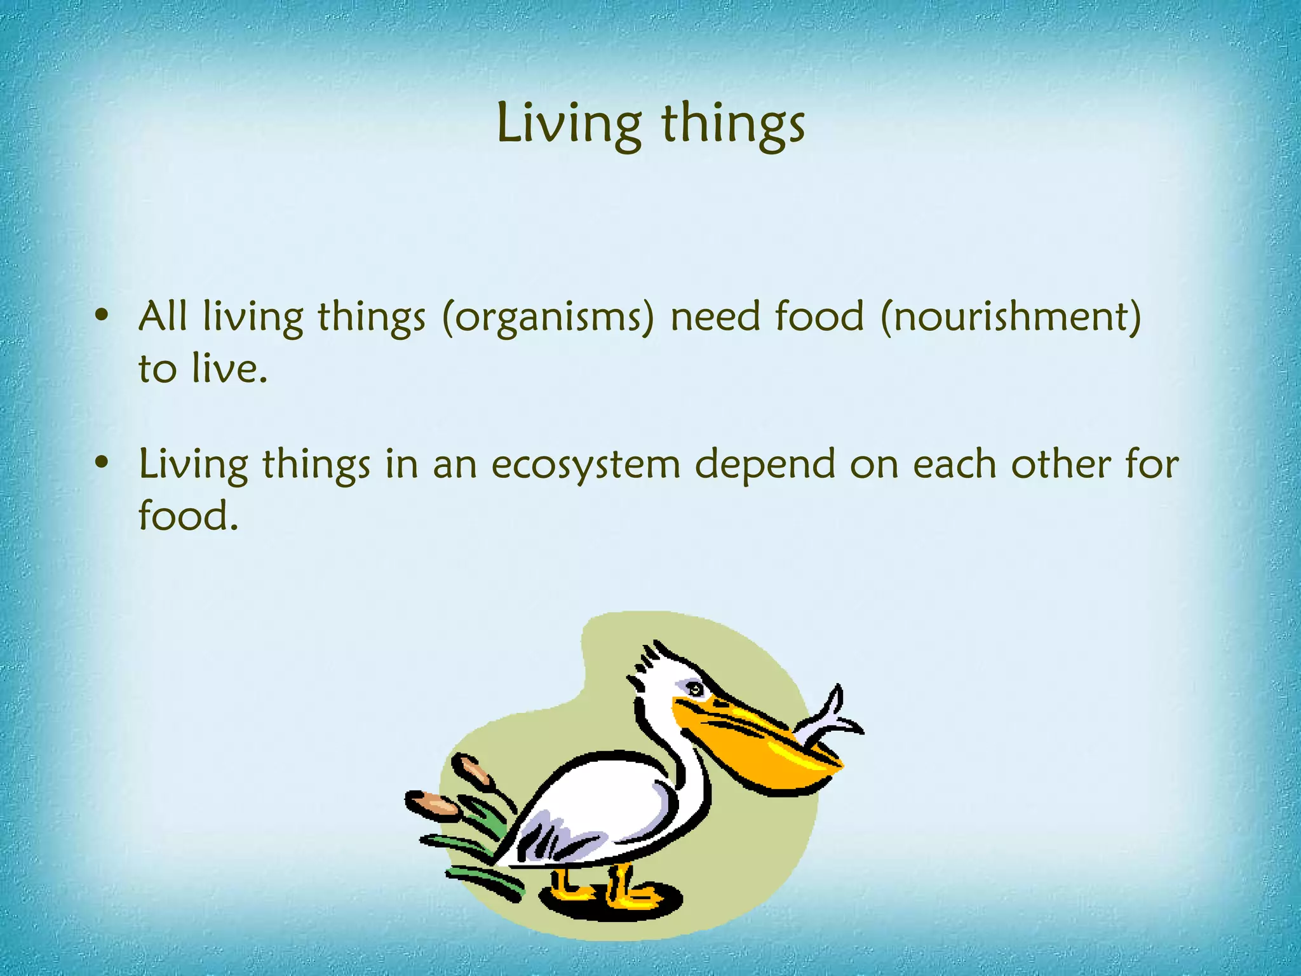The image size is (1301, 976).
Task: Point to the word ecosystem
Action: [x=586, y=464]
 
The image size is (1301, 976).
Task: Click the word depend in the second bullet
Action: [x=765, y=464]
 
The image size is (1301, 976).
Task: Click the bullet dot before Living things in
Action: [x=102, y=463]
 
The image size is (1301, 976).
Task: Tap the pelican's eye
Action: [x=696, y=689]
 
